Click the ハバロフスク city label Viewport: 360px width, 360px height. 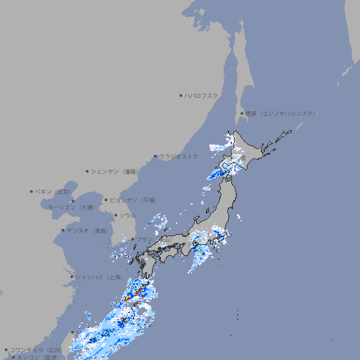[202, 95]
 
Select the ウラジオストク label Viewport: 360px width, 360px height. [179, 156]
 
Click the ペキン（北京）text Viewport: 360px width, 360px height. [53, 191]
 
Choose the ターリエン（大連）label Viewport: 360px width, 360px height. [70, 207]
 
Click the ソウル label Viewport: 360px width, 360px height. [127, 215]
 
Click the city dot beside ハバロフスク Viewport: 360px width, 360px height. [181, 95]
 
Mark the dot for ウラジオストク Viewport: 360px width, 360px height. [155, 156]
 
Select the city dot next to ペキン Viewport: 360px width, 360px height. [32, 191]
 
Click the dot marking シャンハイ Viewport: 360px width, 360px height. [72, 277]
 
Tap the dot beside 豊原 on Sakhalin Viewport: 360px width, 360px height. [242, 113]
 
